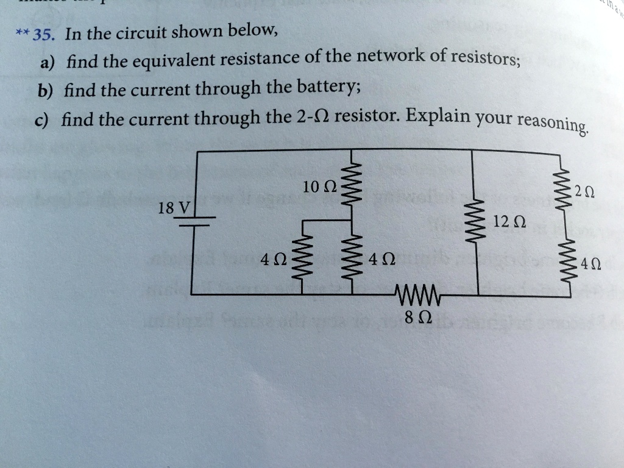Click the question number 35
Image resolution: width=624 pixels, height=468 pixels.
(x=45, y=34)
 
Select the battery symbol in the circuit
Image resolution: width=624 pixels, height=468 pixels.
(x=192, y=220)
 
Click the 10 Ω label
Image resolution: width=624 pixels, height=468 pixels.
(x=317, y=187)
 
